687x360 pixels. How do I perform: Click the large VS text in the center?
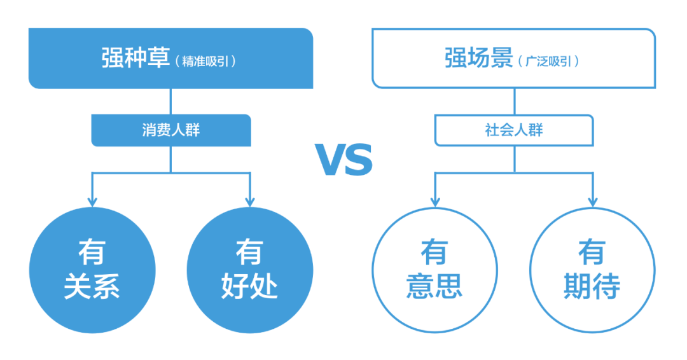(x=343, y=160)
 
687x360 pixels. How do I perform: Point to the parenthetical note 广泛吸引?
(x=549, y=61)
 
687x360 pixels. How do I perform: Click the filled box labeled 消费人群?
(x=170, y=130)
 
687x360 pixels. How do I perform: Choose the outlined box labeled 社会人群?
(x=514, y=130)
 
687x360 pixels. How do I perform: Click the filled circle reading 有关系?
(x=92, y=270)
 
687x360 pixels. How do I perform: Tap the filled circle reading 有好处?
(x=250, y=270)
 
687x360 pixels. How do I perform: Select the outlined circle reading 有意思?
(x=434, y=270)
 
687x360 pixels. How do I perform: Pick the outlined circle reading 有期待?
(x=592, y=270)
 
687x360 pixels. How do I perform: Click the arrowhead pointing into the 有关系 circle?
(x=92, y=200)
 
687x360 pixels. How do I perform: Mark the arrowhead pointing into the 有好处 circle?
(x=249, y=200)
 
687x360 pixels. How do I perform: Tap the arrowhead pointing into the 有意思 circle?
(x=435, y=200)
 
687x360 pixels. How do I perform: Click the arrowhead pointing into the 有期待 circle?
(x=592, y=200)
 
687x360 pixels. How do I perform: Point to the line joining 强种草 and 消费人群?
(x=170, y=101)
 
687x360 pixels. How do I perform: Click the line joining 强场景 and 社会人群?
(x=514, y=101)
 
